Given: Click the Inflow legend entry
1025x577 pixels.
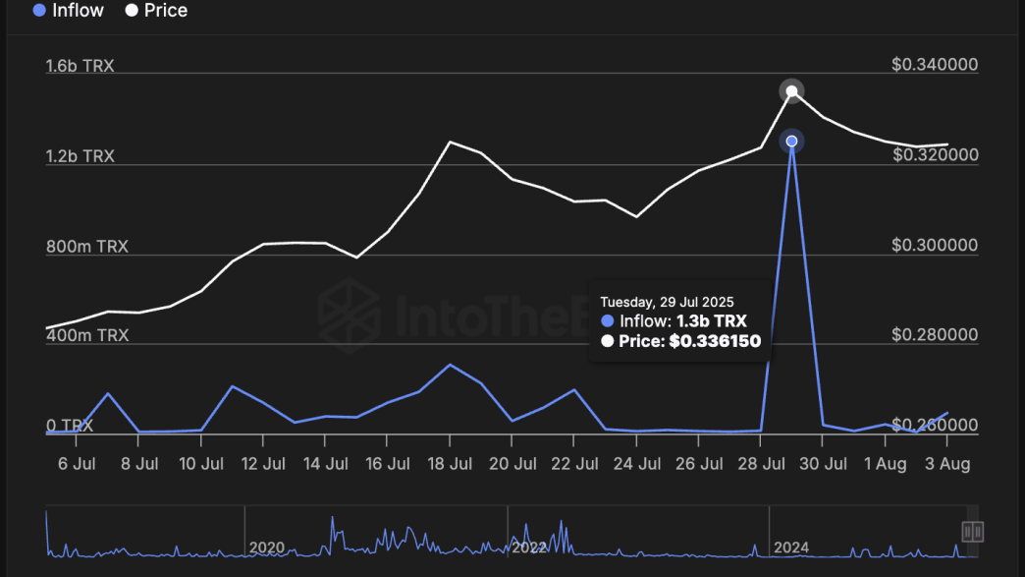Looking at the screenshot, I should (x=68, y=11).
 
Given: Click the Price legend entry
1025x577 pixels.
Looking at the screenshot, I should (x=156, y=11).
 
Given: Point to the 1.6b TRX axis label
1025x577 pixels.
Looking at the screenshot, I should (x=80, y=67).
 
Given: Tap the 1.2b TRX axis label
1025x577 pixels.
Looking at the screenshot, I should (x=80, y=157).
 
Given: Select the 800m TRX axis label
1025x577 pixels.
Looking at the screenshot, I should (x=86, y=247).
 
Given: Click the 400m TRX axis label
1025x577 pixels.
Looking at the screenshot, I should (x=86, y=336).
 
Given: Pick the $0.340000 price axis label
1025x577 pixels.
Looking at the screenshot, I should (x=935, y=65).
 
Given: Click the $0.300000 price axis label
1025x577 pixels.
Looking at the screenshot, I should (x=935, y=246).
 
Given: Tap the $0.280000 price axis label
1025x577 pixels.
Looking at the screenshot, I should (x=935, y=335).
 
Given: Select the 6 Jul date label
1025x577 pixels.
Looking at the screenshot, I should (x=76, y=464).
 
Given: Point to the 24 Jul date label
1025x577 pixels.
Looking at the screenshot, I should (x=636, y=464).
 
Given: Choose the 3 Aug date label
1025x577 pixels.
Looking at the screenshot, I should (x=946, y=464).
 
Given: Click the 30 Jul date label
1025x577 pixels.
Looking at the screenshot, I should (x=823, y=464).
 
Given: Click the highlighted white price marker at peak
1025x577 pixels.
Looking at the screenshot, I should (x=791, y=91).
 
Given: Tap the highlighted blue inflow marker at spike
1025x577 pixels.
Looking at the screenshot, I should (x=791, y=142).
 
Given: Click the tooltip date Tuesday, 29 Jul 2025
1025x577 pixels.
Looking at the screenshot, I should (x=667, y=302).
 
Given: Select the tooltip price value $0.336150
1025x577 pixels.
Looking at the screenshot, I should (x=714, y=341).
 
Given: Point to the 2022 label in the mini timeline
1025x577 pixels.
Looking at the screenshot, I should (x=528, y=548).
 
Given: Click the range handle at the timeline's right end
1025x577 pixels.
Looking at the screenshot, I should (x=973, y=532).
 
